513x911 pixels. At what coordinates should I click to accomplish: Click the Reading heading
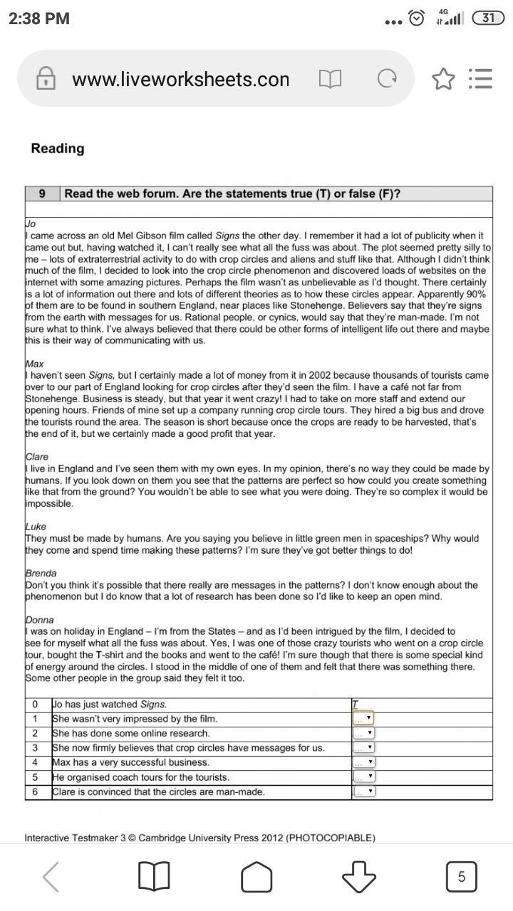pos(58,149)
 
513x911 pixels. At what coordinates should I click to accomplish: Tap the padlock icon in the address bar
pos(46,79)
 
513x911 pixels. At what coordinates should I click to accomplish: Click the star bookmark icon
pos(443,79)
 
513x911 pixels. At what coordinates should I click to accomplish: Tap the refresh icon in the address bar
pos(387,79)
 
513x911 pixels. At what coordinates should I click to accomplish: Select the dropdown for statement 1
pos(363,719)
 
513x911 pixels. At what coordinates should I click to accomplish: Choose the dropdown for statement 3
pos(363,748)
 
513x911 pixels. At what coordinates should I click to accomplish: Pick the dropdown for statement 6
pos(363,791)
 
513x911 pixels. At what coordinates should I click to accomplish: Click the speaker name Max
pos(34,364)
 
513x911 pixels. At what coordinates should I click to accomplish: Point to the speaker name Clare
pos(37,457)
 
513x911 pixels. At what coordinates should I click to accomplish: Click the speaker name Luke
pos(36,527)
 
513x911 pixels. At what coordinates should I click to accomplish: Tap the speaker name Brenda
pos(41,573)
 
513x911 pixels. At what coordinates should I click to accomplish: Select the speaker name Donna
pos(39,620)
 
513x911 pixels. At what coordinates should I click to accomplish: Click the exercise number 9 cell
pos(42,194)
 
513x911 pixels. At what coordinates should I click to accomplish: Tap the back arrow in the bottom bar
pos(51,877)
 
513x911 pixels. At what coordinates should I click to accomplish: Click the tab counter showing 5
pos(461,877)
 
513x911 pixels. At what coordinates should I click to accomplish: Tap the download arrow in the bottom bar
pos(358,877)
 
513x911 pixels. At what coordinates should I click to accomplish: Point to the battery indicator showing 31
pos(487,19)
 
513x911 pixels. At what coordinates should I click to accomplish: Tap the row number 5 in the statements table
pos(36,777)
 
